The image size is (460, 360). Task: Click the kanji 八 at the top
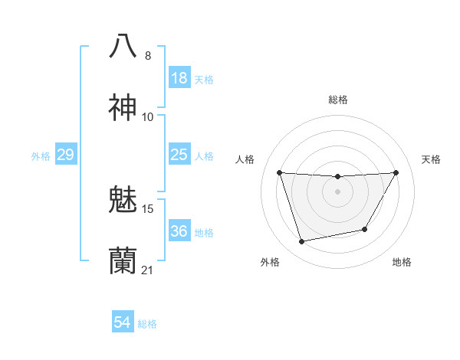pos(123,46)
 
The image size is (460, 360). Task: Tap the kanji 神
pos(123,108)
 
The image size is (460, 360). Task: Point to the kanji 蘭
pos(123,261)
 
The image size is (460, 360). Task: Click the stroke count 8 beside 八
pos(148,56)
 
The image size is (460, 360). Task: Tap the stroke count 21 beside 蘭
pos(148,270)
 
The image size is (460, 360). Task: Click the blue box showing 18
pos(179,78)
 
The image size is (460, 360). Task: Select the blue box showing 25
pos(179,155)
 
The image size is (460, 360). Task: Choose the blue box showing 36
pos(179,231)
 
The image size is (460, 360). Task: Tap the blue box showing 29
pos(65,155)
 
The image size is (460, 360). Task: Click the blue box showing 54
pos(122,322)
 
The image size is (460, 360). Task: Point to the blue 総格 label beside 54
pos(147,324)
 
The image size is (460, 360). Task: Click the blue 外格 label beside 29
pos(41,156)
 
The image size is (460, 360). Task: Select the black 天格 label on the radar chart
pos(432,159)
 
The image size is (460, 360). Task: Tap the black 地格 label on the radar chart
pos(402,262)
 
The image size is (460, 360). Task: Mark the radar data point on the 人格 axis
pos(279,172)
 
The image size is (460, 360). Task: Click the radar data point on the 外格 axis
pos(302,242)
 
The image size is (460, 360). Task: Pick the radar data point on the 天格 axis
pos(396,172)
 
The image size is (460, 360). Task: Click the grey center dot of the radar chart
pos(337,191)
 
